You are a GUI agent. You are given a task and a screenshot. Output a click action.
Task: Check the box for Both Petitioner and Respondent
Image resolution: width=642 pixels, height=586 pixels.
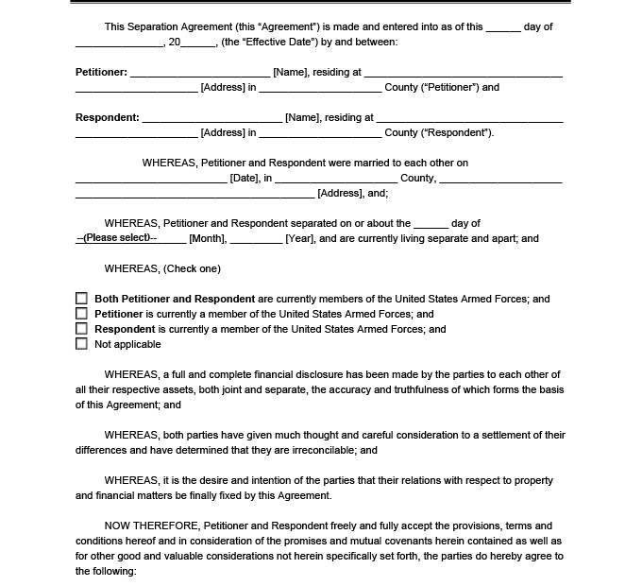[x=81, y=299]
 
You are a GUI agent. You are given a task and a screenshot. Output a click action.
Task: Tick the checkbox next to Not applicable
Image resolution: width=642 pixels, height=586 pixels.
[x=81, y=344]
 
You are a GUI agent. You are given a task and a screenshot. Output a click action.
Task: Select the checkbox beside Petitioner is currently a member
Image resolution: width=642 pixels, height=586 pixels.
[x=81, y=314]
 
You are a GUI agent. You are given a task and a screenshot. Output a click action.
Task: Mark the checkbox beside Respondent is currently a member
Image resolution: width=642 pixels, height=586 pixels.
[x=81, y=329]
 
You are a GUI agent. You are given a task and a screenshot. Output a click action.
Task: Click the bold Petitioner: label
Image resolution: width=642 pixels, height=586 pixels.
[x=101, y=72]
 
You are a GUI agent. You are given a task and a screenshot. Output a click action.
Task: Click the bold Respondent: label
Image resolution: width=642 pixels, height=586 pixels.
[x=107, y=117]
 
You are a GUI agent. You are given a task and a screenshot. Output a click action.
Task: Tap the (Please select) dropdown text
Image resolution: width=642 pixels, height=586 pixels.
[x=116, y=237]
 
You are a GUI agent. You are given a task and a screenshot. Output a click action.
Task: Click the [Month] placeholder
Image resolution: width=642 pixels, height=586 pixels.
[x=207, y=238]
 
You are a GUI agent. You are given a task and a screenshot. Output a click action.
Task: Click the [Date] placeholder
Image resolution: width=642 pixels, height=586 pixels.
[x=245, y=178]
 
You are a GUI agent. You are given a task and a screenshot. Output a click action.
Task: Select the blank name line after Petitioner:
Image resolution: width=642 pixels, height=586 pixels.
[x=200, y=74]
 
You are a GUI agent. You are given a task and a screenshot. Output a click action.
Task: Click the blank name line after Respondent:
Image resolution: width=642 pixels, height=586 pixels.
[x=212, y=119]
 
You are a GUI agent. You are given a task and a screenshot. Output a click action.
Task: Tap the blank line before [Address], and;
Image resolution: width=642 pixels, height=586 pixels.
[x=194, y=195]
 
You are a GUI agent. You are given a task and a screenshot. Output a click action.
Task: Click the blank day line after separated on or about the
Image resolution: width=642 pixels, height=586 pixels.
[x=431, y=225]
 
